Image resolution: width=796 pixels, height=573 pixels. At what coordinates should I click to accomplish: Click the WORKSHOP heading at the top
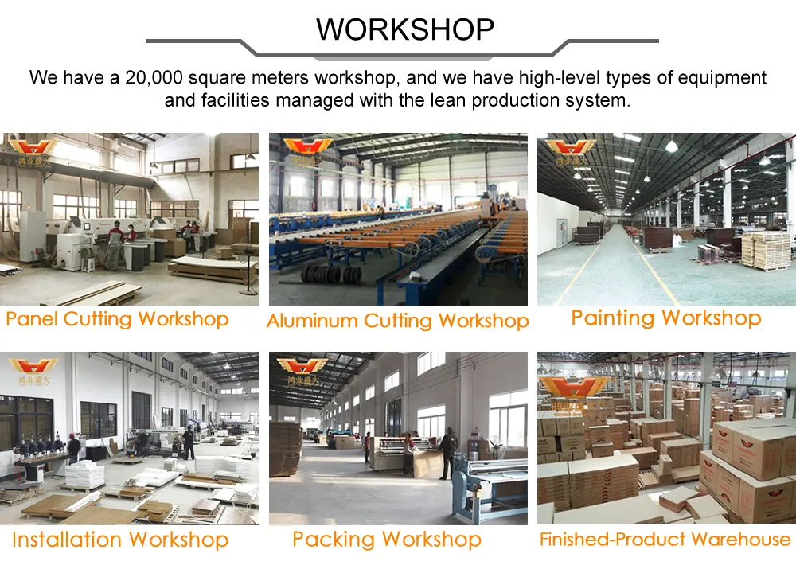[x=405, y=29]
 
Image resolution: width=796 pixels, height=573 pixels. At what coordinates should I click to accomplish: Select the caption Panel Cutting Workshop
[x=117, y=320]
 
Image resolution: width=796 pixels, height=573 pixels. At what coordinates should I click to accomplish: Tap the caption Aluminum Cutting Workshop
[x=397, y=322]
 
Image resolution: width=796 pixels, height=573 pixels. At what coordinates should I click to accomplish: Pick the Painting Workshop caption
[x=665, y=318]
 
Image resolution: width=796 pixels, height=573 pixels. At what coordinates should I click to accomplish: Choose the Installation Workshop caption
[x=120, y=540]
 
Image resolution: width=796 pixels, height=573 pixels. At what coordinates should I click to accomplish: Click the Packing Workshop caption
[x=386, y=540]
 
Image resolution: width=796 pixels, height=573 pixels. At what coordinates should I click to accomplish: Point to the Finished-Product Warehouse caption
[x=665, y=540]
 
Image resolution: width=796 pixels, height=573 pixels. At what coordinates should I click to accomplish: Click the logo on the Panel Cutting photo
[x=33, y=150]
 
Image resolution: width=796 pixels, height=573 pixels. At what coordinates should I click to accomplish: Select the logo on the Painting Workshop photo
[x=570, y=150]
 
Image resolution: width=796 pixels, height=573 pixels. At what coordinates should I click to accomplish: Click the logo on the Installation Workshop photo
[x=33, y=369]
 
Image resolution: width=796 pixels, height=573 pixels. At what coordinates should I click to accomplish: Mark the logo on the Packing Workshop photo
[x=302, y=369]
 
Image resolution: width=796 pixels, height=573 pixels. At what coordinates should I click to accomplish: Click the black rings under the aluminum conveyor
[x=333, y=274]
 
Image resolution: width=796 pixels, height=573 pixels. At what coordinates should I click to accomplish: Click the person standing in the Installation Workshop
[x=189, y=442]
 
